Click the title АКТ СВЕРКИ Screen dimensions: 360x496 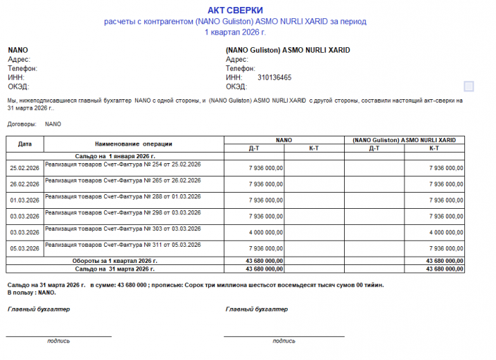(235, 10)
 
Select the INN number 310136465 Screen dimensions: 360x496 (274, 78)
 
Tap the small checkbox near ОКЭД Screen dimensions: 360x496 (469, 86)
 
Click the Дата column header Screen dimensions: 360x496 (25, 143)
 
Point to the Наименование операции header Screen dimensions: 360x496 (134, 143)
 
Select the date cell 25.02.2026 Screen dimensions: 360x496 (25, 168)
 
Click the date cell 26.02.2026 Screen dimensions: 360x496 (25, 184)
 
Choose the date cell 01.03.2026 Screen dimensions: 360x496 (25, 200)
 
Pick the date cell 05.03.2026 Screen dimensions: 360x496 (25, 248)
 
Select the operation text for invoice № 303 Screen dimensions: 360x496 (123, 229)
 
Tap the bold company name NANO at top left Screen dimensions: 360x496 (18, 51)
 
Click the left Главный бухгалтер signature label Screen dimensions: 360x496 (39, 309)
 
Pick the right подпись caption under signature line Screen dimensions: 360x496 (284, 341)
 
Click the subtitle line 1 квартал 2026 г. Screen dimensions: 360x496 (235, 32)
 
